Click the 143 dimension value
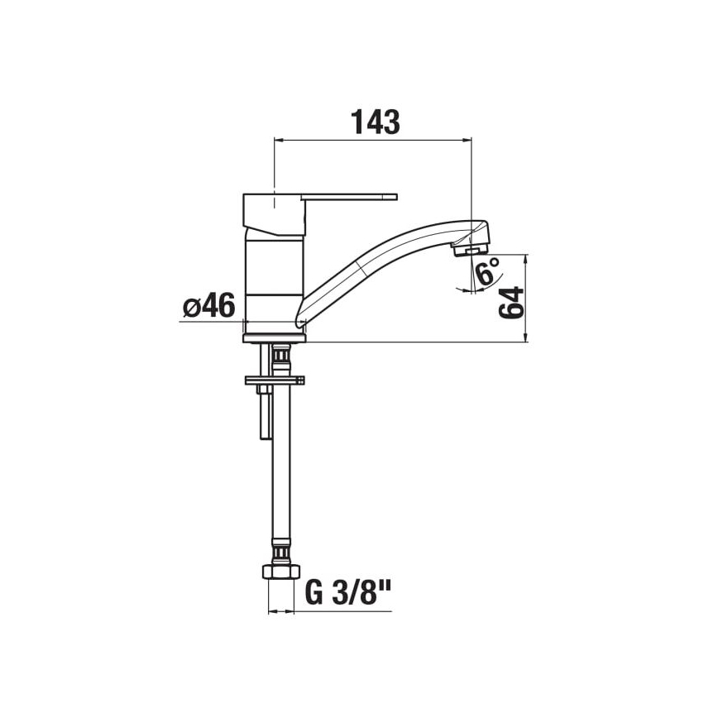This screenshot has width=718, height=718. (x=375, y=122)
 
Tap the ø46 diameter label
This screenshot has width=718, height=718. (x=208, y=307)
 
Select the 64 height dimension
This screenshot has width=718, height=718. (x=512, y=304)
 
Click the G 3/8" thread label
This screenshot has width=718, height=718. (x=347, y=595)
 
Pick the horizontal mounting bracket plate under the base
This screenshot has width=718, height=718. (x=274, y=381)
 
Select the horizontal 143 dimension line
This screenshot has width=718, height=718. (x=372, y=140)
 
